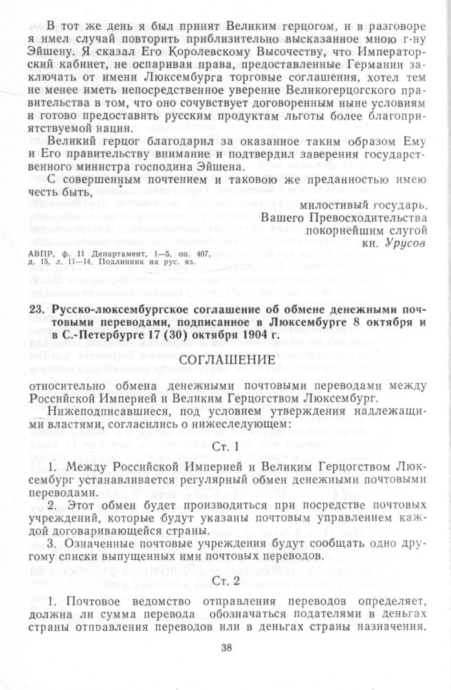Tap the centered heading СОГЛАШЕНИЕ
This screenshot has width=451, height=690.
[225, 360]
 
